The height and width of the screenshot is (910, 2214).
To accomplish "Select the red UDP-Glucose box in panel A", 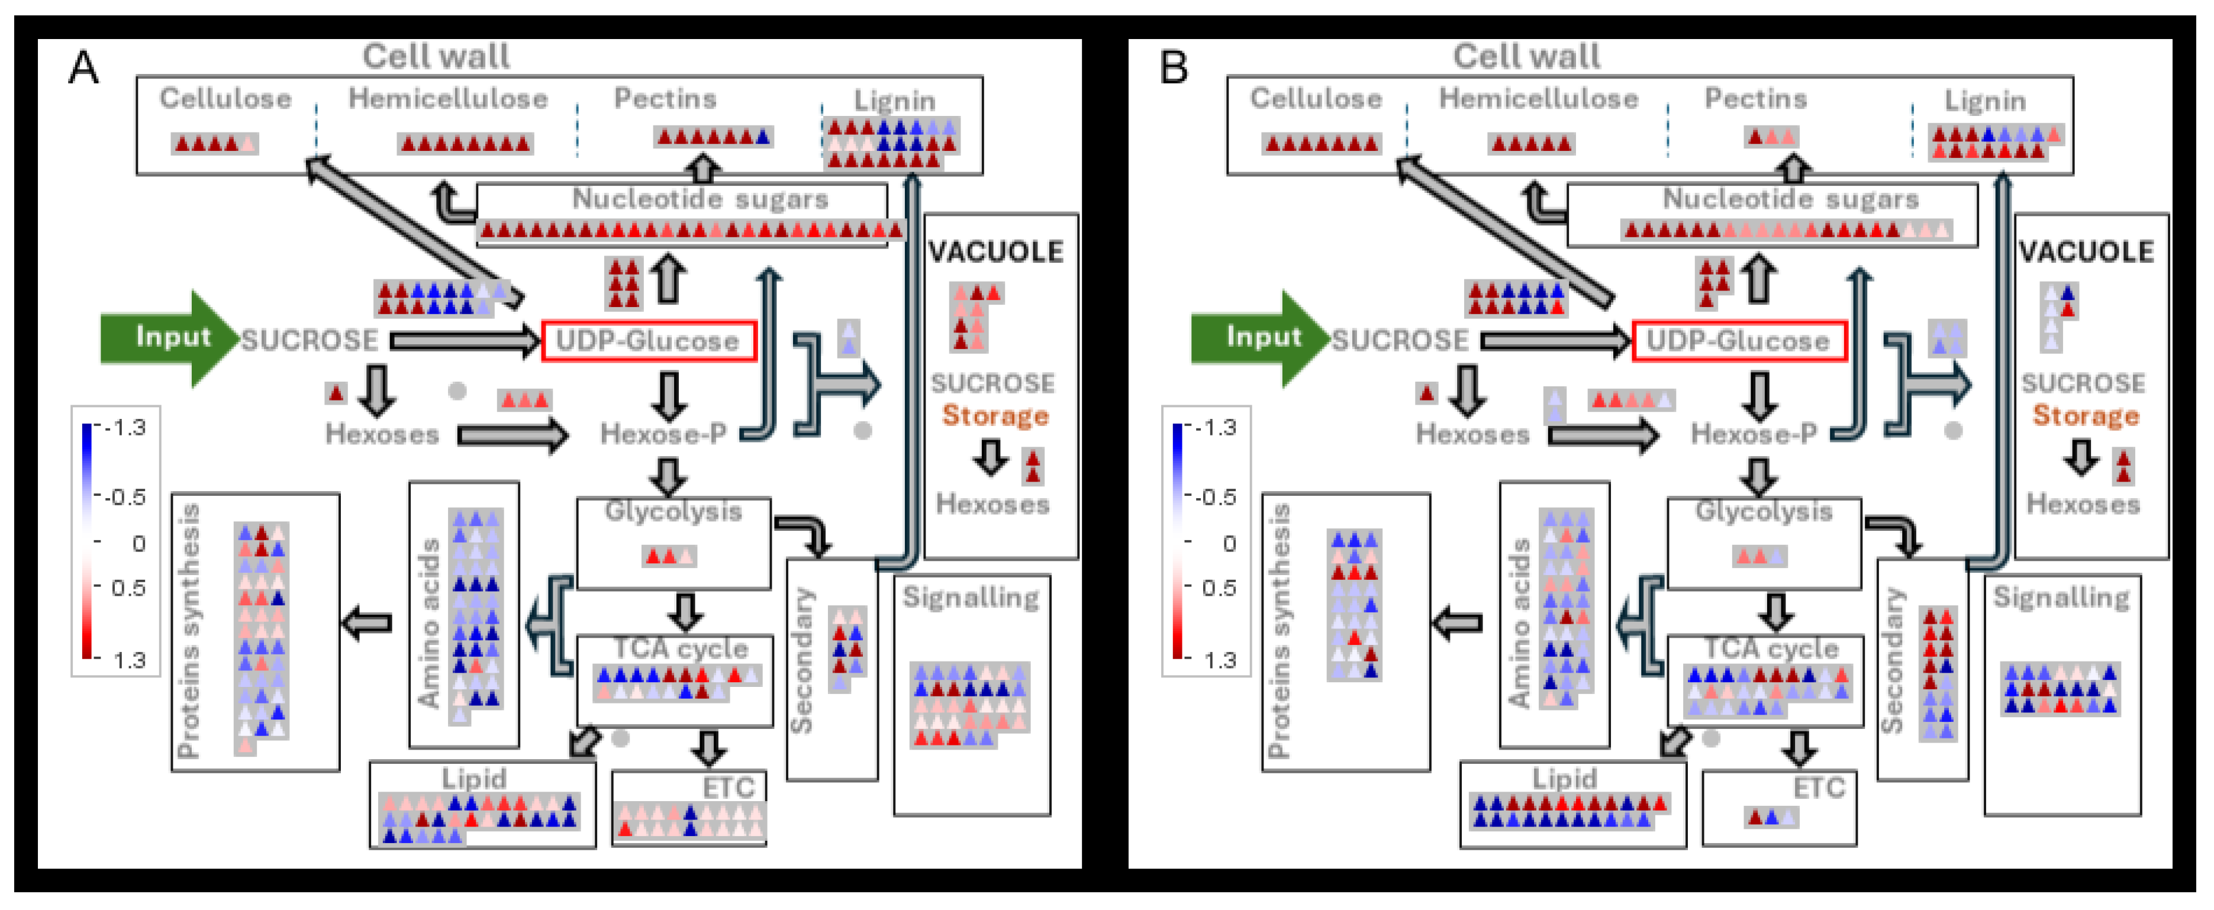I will tap(648, 341).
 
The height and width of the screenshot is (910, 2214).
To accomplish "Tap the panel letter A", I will tap(83, 67).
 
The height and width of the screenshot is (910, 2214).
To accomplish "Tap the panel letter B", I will tap(1174, 67).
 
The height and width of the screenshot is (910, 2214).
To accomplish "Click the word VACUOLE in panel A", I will tap(996, 252).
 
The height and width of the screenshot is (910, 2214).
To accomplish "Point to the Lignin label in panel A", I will tap(894, 101).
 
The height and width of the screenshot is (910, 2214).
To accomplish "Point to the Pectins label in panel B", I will tap(1756, 98).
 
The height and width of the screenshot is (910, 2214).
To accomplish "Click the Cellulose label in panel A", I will tap(225, 98).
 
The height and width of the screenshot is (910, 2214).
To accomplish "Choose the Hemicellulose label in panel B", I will tap(1539, 98).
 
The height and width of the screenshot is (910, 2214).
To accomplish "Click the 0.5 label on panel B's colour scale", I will tap(1219, 588).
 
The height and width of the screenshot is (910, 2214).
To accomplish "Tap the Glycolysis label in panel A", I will tap(673, 511).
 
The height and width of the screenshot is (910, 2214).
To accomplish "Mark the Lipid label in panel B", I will tap(1564, 779).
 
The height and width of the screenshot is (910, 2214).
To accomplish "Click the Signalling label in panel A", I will tap(971, 596).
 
